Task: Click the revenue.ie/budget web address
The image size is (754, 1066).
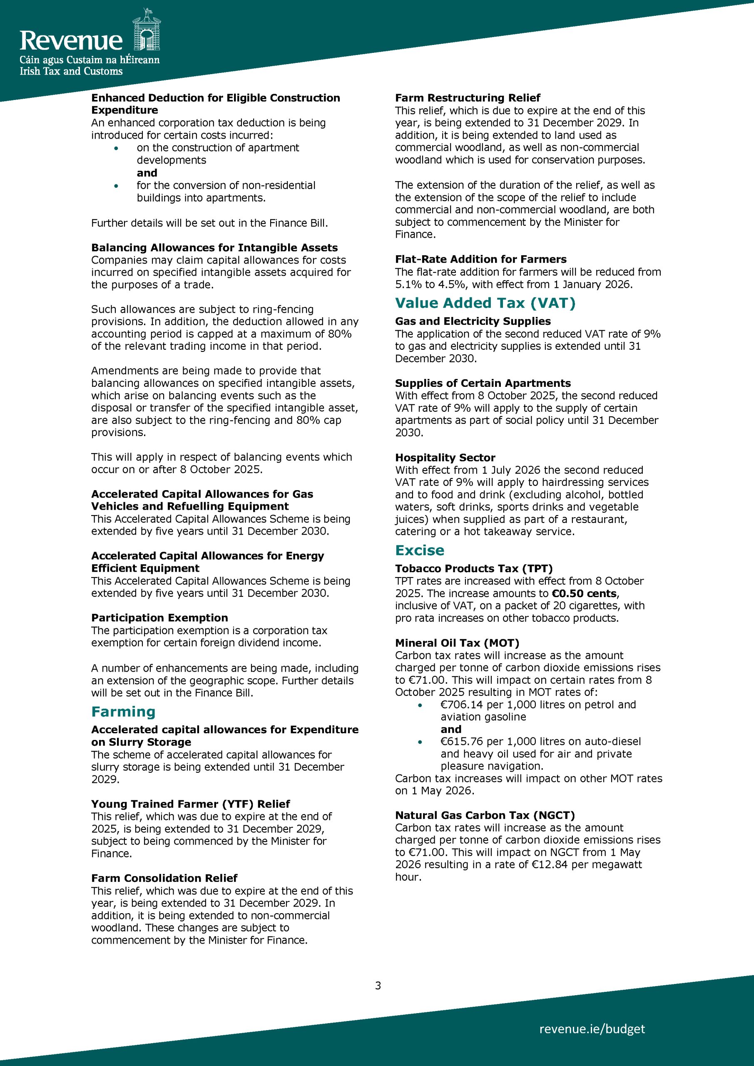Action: (x=592, y=1029)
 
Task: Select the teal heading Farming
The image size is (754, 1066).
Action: (x=123, y=712)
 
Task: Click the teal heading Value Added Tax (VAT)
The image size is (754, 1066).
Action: (x=485, y=303)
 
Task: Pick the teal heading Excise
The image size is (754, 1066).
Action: (x=420, y=550)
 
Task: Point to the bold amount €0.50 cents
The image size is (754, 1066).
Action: (x=584, y=593)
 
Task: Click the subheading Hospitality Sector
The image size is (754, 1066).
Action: (x=445, y=458)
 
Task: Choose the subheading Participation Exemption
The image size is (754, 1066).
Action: (x=159, y=618)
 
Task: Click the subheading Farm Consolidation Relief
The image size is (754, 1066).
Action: (x=164, y=878)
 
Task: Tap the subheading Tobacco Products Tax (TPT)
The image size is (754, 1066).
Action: (x=473, y=569)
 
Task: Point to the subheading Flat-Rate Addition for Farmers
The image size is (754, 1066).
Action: (x=480, y=259)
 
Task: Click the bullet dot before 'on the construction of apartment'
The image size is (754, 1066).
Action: (x=116, y=148)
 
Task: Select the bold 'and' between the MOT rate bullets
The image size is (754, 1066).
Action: (x=451, y=730)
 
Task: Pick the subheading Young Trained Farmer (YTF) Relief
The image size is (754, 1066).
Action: (x=190, y=804)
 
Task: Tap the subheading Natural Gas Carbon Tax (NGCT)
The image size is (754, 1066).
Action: (x=485, y=815)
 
